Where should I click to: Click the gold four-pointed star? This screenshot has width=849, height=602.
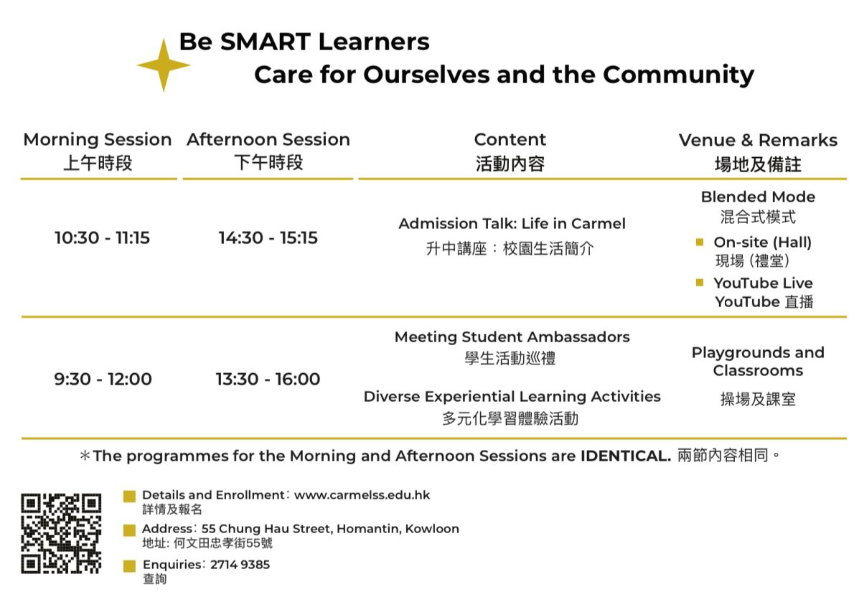(164, 65)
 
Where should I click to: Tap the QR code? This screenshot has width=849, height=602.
(61, 533)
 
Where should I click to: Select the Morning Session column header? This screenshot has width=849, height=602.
(98, 151)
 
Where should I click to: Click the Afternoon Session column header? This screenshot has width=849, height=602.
(268, 151)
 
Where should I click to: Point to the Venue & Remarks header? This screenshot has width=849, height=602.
(758, 152)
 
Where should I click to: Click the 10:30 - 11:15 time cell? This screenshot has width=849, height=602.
(102, 237)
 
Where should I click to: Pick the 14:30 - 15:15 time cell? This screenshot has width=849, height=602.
(268, 237)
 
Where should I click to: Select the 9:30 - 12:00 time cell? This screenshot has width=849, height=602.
(103, 379)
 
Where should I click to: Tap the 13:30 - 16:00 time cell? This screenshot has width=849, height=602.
(268, 379)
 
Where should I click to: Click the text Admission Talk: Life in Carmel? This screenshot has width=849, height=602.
(512, 224)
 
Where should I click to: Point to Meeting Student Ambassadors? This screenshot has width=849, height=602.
(512, 337)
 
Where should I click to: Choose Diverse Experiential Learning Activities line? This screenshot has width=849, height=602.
(512, 397)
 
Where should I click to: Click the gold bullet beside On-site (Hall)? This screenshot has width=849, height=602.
(700, 242)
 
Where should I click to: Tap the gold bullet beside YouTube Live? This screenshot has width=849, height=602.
(700, 283)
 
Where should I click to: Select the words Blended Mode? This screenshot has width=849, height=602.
(758, 197)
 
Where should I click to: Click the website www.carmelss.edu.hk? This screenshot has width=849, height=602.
(362, 495)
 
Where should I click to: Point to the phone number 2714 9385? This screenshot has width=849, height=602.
(240, 565)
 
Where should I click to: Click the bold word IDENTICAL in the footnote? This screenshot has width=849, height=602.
(625, 456)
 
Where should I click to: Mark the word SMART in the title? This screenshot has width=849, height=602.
(266, 42)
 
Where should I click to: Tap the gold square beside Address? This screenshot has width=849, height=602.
(129, 530)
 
